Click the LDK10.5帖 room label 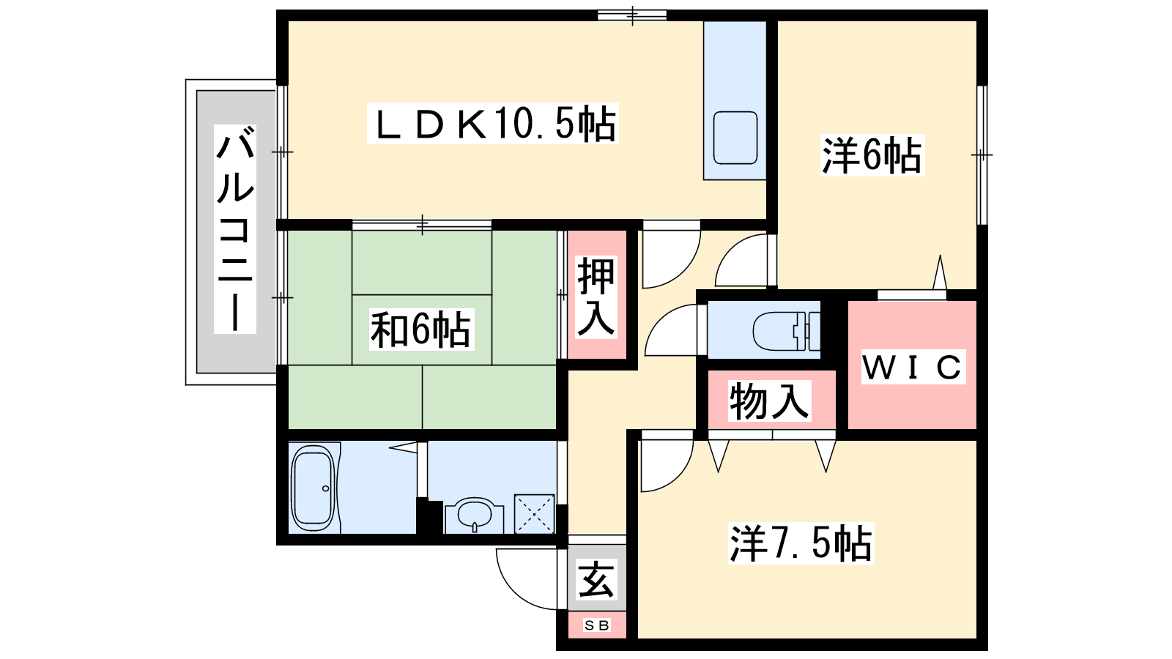493,124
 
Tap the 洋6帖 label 872,155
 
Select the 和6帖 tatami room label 420,329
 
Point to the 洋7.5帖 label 801,544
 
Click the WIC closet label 913,367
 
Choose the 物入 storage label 769,401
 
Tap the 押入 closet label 596,297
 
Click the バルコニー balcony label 235,229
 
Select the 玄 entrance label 596,579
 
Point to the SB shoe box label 597,625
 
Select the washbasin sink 475,515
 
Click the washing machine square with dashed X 534,514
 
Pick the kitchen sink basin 735,138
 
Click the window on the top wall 632,15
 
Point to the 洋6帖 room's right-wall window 982,154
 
